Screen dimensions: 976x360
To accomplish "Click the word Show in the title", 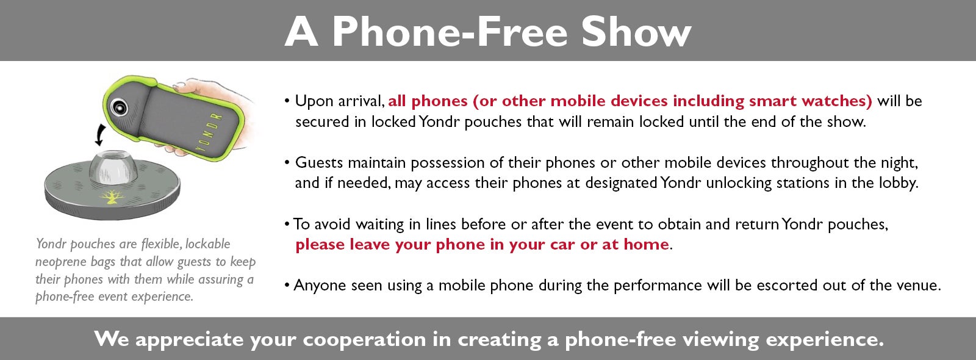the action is point(637,31).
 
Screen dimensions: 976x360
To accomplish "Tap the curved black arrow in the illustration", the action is point(100,135).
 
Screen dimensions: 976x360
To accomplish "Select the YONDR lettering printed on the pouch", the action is point(209,132).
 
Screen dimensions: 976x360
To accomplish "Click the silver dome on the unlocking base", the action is point(113,168).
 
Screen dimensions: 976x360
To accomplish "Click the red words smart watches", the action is point(811,101).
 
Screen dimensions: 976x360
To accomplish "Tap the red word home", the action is point(646,244).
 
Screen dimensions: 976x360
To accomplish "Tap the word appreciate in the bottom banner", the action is point(189,339).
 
